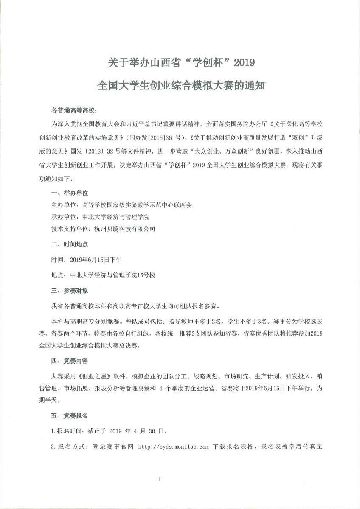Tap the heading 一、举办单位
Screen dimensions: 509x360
[x=69, y=193]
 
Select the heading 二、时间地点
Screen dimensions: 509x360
[x=69, y=245]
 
